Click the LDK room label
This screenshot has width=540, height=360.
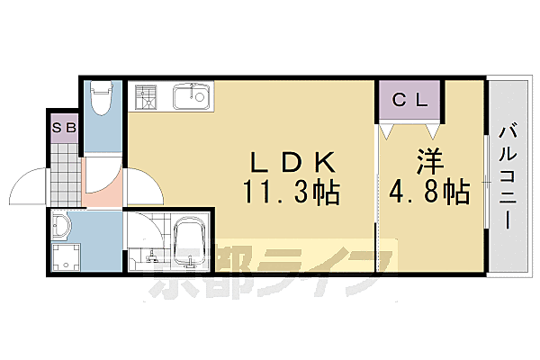click(292, 163)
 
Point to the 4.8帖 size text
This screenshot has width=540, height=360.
click(429, 192)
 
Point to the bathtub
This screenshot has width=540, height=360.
click(188, 244)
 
